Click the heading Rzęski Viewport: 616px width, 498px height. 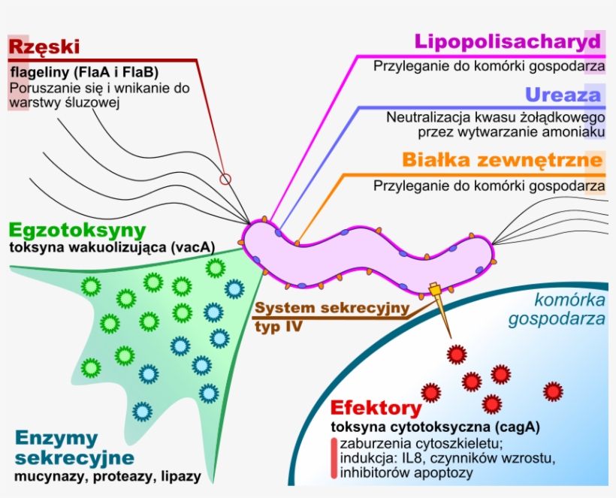coord(44,47)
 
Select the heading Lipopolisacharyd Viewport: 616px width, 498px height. coord(508,41)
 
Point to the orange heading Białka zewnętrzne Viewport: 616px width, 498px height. coord(502,160)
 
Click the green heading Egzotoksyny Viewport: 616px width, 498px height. coord(77,230)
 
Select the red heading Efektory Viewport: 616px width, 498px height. coord(376,409)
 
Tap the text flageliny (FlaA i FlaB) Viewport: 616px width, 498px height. coord(83,73)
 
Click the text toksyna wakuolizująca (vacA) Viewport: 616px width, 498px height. coord(112,246)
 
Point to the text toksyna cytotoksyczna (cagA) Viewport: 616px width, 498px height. coord(436,427)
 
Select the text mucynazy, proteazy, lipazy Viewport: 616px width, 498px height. coord(104,476)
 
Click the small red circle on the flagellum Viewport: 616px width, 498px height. coord(225,179)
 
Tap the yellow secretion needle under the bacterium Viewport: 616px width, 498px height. coord(439,308)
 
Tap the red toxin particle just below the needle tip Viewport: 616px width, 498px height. coord(456,354)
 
